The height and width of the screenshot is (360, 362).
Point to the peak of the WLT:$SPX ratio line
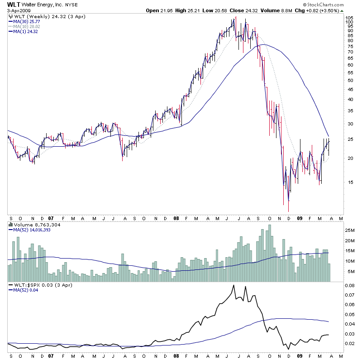[x=233, y=285]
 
